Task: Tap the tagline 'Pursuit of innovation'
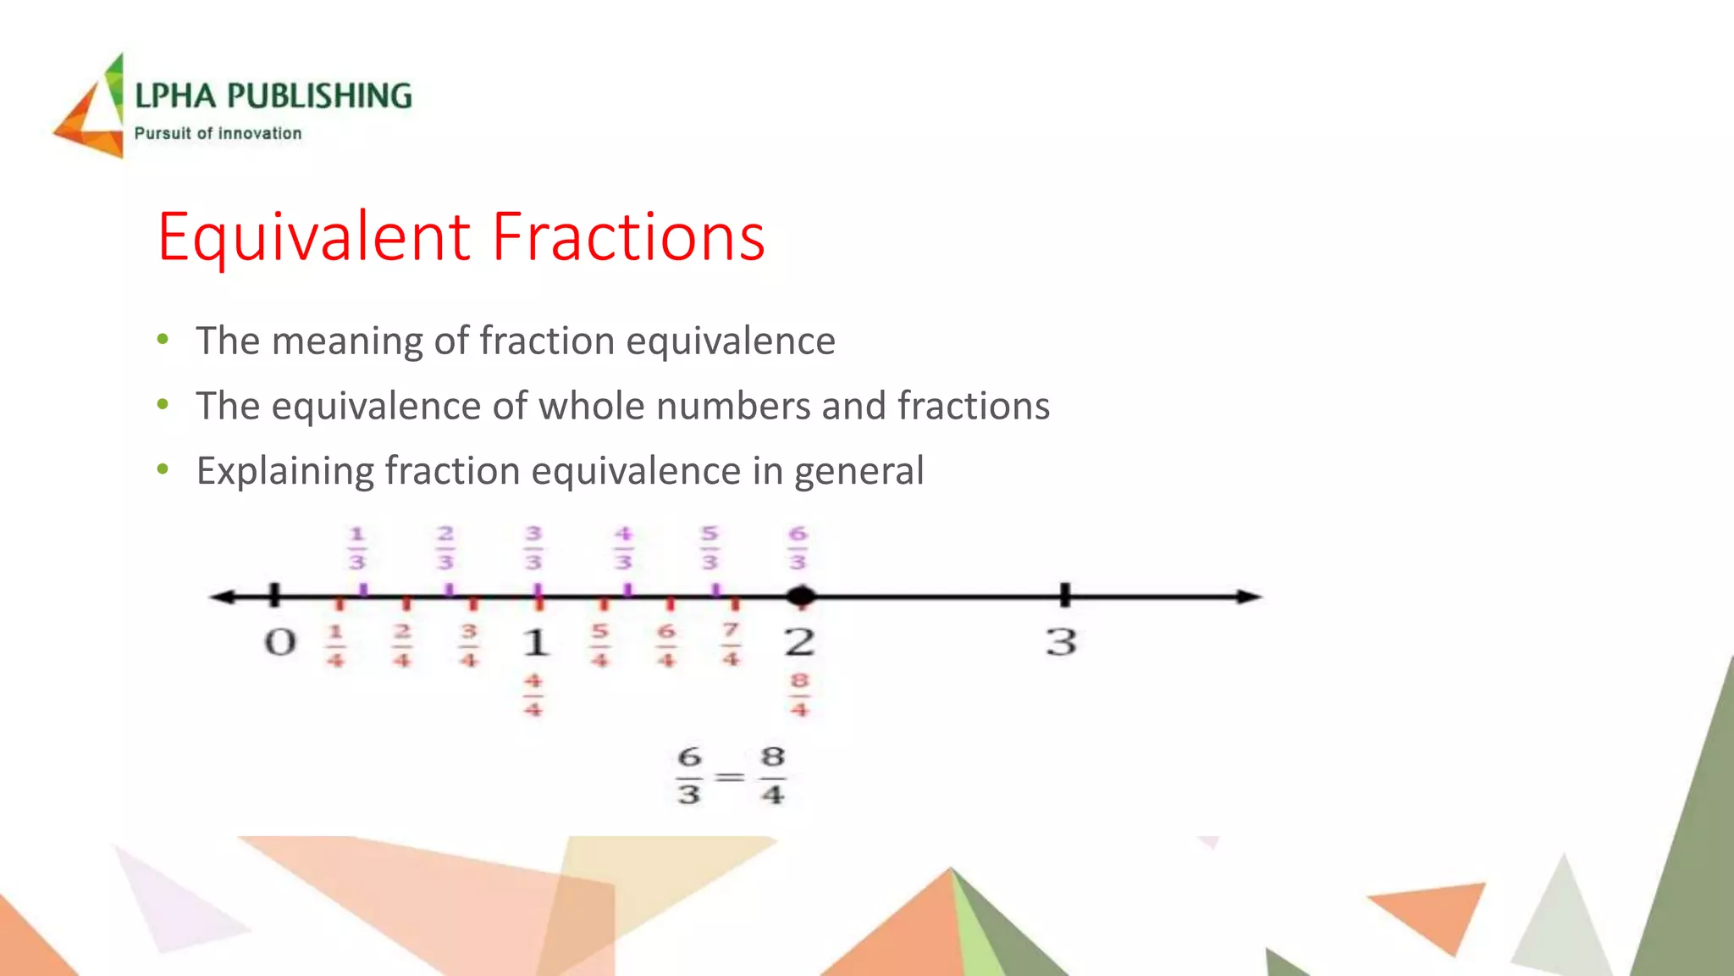point(218,133)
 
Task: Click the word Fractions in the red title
point(628,236)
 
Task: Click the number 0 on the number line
point(280,642)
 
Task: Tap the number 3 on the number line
point(1062,641)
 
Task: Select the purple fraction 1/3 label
point(357,548)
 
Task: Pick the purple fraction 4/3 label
point(623,548)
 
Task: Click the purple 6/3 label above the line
point(798,548)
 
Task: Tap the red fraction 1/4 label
point(336,646)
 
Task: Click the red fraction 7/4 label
point(732,645)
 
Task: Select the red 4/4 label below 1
point(533,695)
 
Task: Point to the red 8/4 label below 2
point(799,695)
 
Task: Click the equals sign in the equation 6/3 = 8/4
point(730,776)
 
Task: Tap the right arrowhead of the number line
point(1249,596)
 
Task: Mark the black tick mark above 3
point(1065,595)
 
